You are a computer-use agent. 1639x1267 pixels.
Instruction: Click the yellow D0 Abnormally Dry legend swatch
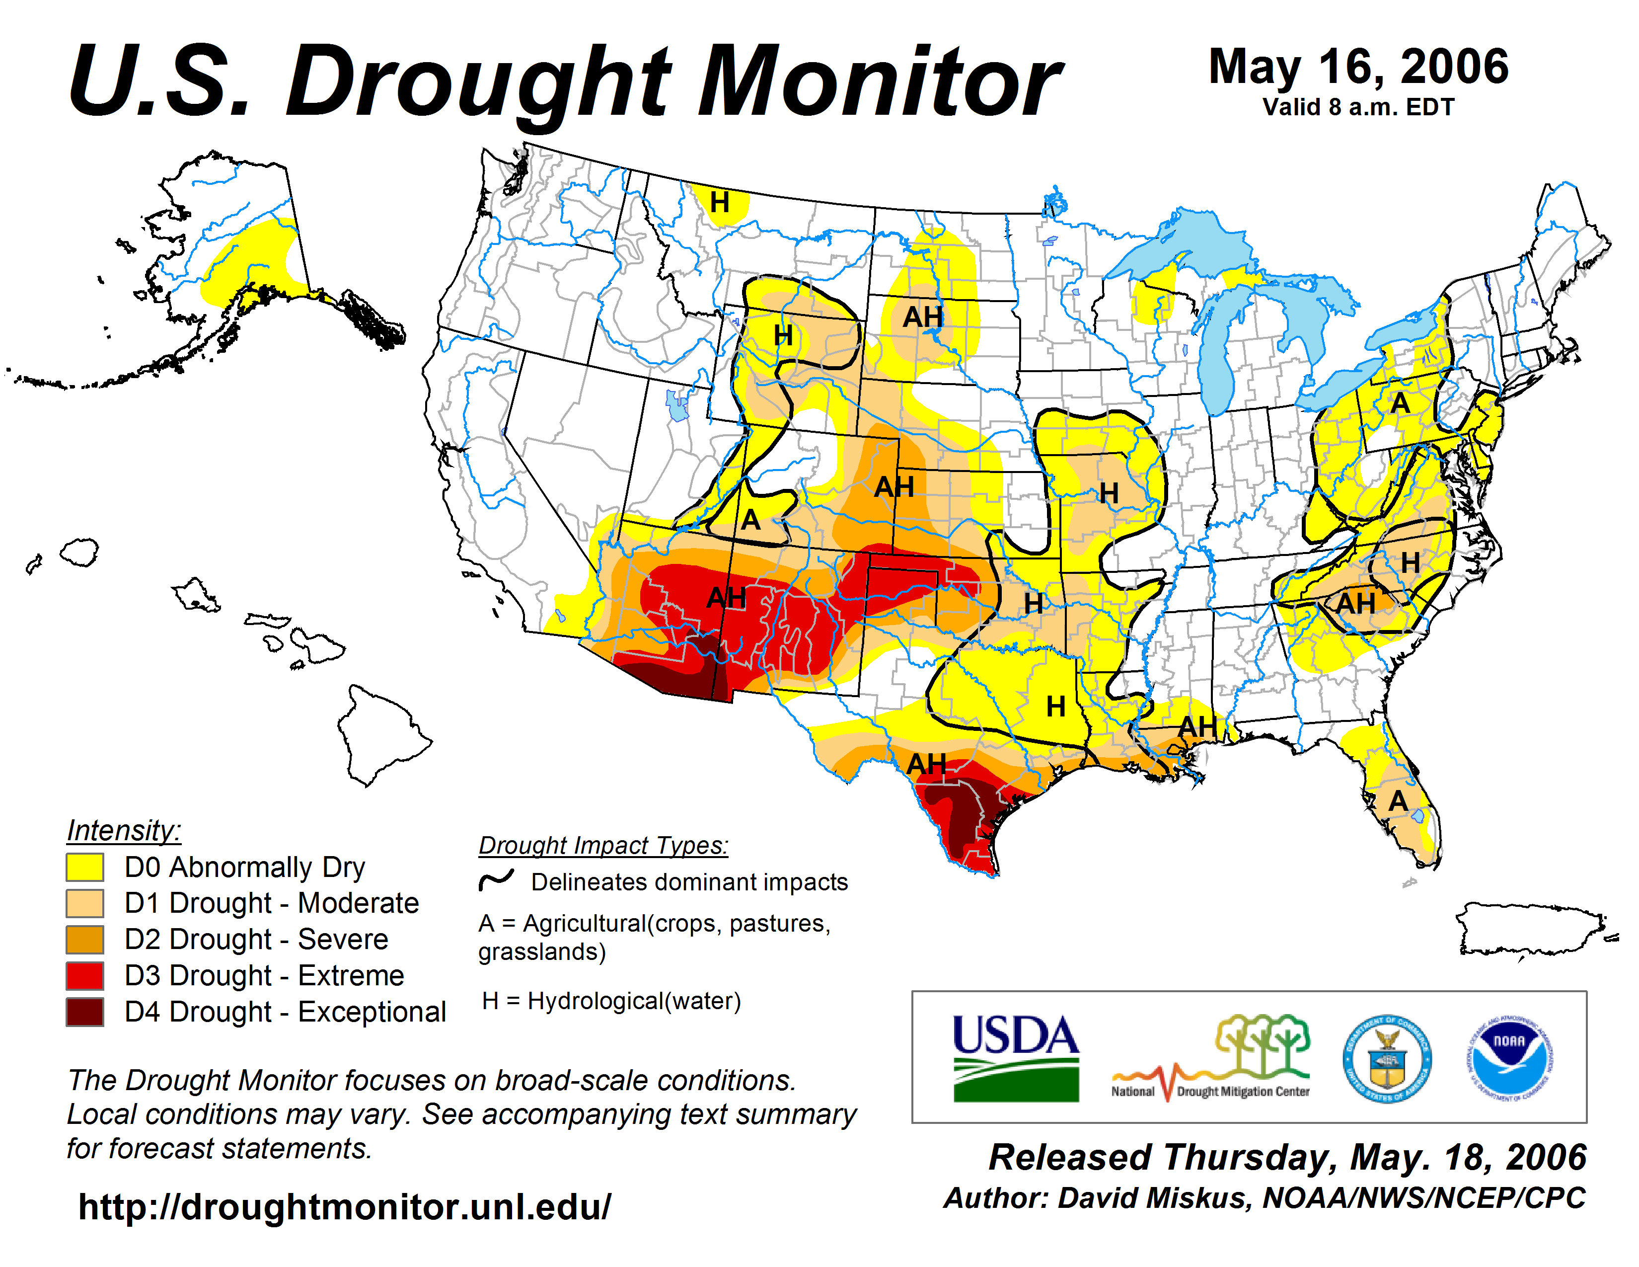coord(85,867)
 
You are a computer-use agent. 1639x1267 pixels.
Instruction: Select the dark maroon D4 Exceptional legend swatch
coord(85,1012)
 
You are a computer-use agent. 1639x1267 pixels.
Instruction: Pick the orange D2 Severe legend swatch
coord(85,940)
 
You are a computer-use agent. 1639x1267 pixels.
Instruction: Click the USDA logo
coord(1015,1057)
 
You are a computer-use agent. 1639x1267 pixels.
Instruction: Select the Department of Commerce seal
coord(1387,1058)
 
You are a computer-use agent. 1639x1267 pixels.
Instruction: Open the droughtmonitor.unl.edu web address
coord(345,1207)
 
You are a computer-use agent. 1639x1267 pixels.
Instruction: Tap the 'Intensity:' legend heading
coord(124,831)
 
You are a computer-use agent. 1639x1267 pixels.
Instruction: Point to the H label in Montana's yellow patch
coord(720,202)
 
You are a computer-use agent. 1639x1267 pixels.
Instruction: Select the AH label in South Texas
coord(926,764)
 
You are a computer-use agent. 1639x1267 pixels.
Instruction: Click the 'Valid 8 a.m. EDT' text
coord(1358,107)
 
